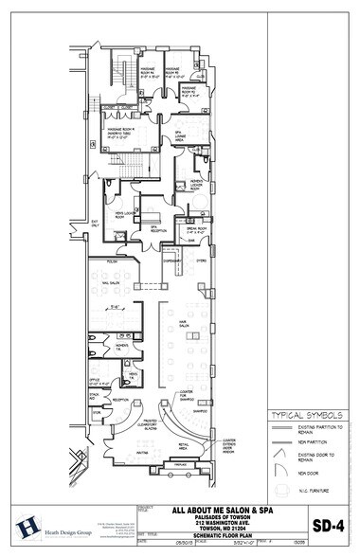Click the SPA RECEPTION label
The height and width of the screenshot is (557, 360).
coord(149,229)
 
